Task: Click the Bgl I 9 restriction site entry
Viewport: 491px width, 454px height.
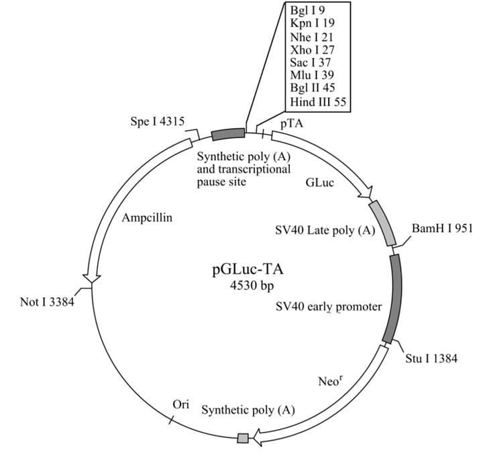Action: click(307, 11)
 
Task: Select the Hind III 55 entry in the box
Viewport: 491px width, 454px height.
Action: click(318, 102)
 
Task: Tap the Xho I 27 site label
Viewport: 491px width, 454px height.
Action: click(312, 50)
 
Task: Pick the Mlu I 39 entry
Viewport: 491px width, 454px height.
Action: click(312, 75)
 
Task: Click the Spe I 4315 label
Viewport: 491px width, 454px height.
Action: click(158, 121)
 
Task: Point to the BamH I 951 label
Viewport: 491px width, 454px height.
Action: click(442, 228)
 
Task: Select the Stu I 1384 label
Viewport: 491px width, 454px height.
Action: click(431, 358)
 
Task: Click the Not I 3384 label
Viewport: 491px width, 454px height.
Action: click(47, 302)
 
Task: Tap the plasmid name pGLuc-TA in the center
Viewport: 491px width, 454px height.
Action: click(248, 270)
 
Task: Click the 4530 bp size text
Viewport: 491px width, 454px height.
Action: click(252, 285)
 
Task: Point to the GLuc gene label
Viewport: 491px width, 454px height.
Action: click(320, 182)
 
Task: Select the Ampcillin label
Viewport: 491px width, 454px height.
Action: click(147, 217)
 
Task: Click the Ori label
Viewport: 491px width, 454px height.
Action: click(181, 404)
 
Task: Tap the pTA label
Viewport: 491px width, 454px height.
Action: click(292, 124)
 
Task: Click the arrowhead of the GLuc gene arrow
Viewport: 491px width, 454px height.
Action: click(366, 192)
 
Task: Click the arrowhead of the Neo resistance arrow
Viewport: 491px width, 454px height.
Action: click(258, 437)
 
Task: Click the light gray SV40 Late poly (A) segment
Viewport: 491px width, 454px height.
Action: click(383, 223)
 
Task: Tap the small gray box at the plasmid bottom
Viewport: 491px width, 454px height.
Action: click(243, 438)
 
